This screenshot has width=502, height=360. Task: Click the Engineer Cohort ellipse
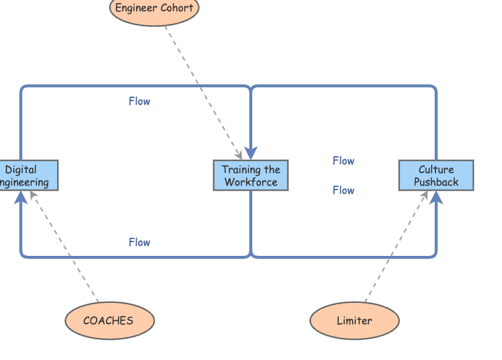coord(154,9)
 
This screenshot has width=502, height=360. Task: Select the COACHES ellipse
coord(109,320)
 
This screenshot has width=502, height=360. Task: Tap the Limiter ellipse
coord(355,320)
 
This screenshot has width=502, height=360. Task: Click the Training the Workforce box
coord(251,176)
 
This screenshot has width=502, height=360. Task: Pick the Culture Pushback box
coord(436,176)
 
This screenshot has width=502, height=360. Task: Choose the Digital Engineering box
coord(25,176)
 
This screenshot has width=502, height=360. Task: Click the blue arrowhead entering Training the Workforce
coord(251,153)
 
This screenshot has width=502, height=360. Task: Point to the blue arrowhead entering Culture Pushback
coord(436,198)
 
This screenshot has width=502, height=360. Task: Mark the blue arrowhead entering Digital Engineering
coord(21,198)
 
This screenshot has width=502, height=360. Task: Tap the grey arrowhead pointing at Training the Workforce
coord(239,156)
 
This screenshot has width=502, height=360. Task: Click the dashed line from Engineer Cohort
coord(201,88)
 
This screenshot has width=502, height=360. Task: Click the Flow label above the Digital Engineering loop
coord(139,101)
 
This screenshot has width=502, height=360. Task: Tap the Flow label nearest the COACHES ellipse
coord(139,242)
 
